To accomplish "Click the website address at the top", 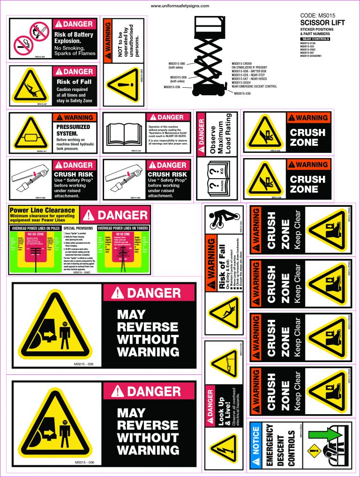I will [x=180, y=6].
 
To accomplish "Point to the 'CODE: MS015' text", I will [x=317, y=15].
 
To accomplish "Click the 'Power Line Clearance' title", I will [x=42, y=210].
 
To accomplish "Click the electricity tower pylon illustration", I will [x=123, y=256].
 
